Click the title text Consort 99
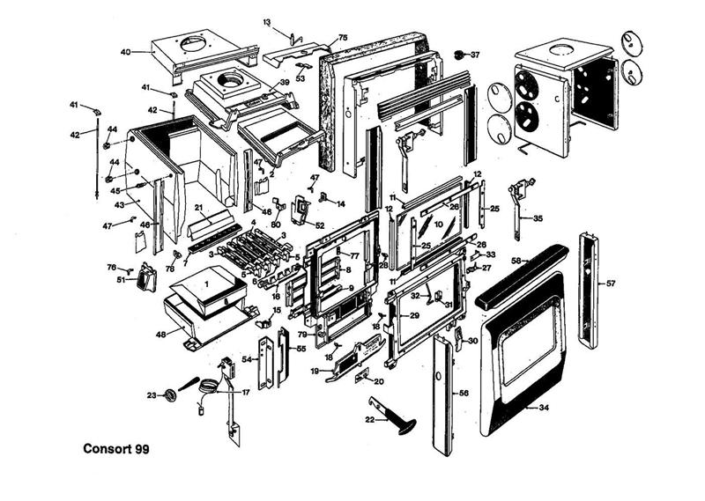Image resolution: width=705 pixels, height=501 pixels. click(115, 449)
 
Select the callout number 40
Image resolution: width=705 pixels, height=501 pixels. click(125, 52)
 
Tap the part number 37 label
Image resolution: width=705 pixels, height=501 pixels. click(475, 55)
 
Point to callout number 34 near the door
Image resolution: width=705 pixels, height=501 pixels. click(544, 408)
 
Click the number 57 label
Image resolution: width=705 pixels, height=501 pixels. click(611, 284)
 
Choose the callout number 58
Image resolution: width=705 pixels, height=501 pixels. click(516, 261)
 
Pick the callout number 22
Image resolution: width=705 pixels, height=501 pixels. click(371, 420)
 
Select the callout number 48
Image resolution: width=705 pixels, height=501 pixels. click(161, 334)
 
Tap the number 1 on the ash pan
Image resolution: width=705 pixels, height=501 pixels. click(205, 284)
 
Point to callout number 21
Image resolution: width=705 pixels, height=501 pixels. click(199, 208)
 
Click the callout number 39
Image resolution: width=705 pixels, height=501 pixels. click(284, 82)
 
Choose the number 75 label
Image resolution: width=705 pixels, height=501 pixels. click(343, 37)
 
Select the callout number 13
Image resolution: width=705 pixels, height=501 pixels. click(266, 20)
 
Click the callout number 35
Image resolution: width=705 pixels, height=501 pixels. click(538, 217)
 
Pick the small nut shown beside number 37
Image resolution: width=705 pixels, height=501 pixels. click(459, 55)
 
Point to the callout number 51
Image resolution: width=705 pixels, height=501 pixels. click(121, 280)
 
